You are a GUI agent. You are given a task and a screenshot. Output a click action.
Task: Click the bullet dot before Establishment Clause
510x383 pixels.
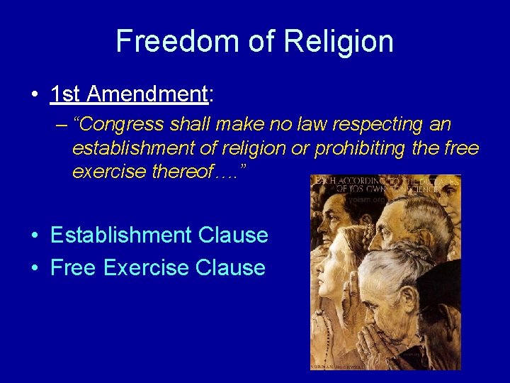[35, 235]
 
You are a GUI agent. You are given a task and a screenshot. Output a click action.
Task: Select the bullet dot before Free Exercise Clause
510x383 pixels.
[35, 268]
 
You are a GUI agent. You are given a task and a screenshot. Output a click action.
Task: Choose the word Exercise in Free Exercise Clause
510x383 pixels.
[146, 268]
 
